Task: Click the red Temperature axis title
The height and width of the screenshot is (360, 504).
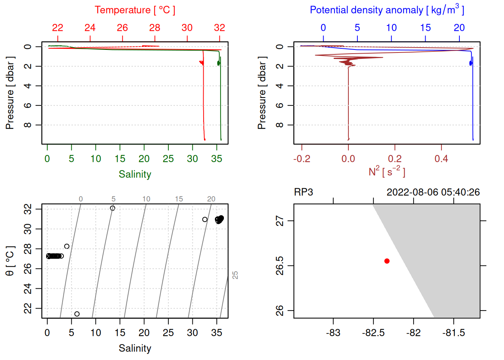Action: click(x=135, y=10)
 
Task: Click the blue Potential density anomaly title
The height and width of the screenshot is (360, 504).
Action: click(x=387, y=10)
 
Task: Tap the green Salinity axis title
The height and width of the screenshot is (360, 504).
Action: click(x=135, y=174)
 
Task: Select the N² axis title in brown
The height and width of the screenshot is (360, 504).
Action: click(x=387, y=171)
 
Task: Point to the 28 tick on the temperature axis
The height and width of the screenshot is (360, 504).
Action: click(x=154, y=28)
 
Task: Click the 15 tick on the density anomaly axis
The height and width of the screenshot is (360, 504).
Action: click(x=425, y=28)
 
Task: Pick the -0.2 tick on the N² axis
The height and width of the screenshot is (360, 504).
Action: click(x=302, y=159)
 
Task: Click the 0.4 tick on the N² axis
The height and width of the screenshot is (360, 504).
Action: click(x=441, y=159)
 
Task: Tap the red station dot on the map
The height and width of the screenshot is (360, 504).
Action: click(x=387, y=261)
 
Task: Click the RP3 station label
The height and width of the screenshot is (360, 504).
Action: click(x=303, y=192)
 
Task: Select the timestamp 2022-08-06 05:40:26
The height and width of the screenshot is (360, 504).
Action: click(x=433, y=192)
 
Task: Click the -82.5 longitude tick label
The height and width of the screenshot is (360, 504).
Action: click(x=373, y=333)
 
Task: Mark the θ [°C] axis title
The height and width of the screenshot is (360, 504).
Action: click(x=10, y=261)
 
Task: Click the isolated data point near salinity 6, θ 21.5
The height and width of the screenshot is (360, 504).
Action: click(x=77, y=314)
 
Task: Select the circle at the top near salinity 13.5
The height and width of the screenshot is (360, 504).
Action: click(x=112, y=208)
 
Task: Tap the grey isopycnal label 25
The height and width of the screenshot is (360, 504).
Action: click(x=235, y=275)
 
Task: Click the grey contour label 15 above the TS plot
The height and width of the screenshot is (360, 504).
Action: click(x=179, y=199)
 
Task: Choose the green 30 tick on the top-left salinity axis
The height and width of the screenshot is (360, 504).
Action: click(x=192, y=159)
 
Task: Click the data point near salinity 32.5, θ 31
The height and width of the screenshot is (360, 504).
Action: click(x=205, y=219)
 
